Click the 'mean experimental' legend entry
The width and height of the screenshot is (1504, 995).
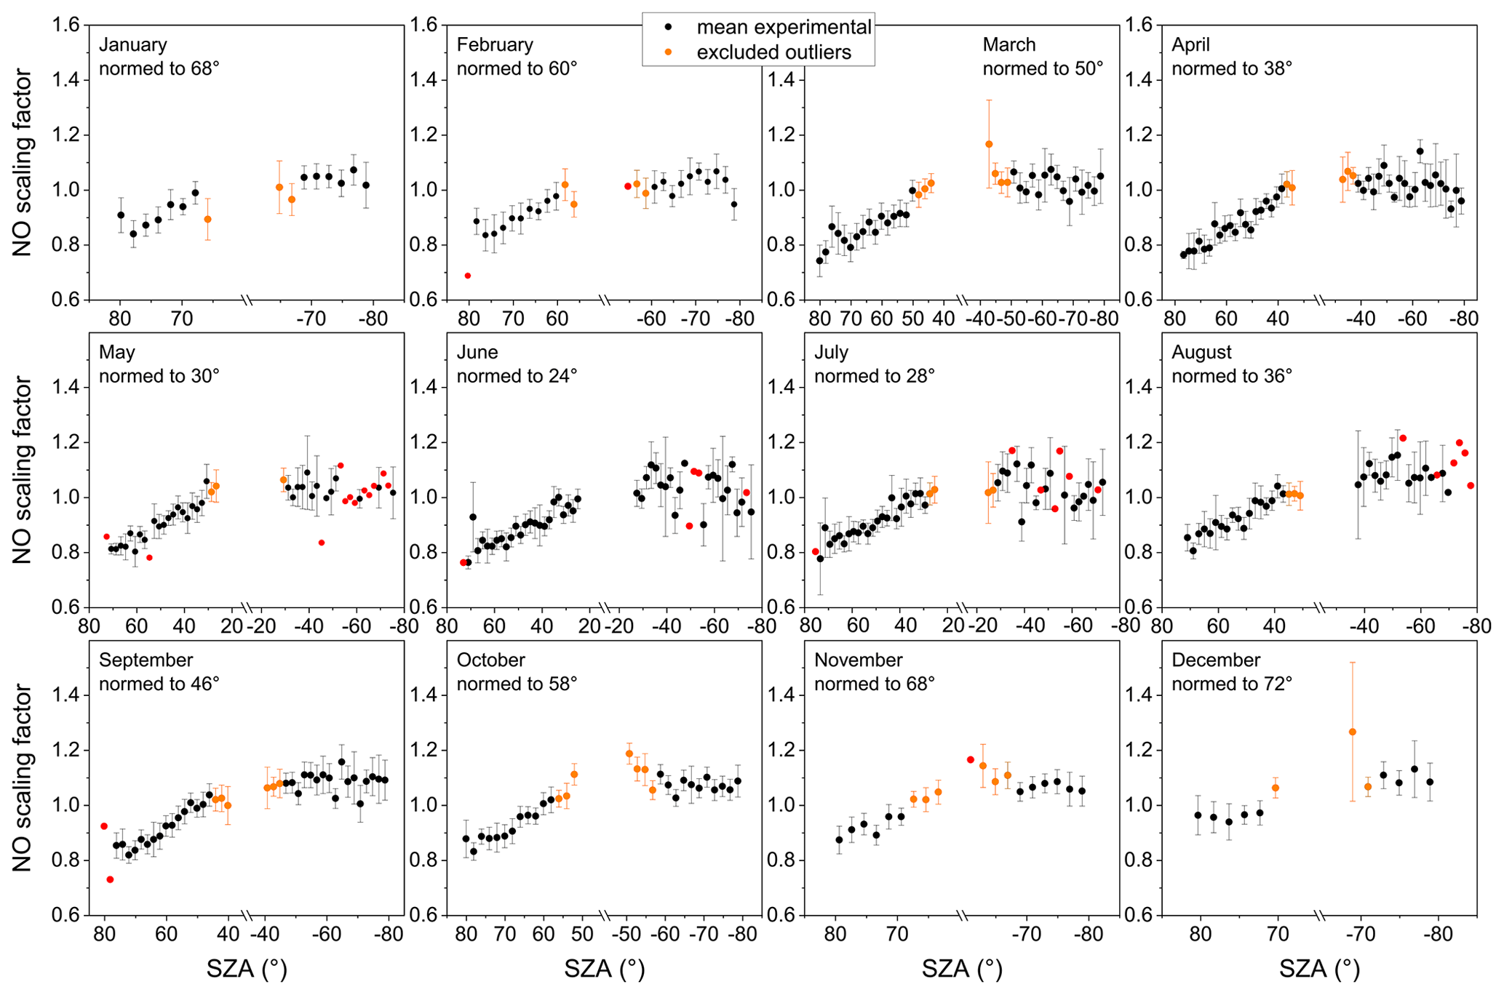783,27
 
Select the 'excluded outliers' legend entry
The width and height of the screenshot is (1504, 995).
773,52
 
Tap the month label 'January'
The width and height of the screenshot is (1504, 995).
133,44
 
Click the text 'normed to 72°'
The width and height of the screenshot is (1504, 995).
1232,684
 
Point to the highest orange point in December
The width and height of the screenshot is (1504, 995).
1352,732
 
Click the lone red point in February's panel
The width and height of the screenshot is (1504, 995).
468,276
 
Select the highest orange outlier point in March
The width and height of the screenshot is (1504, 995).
989,144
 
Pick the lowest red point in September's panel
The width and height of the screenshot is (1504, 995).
110,879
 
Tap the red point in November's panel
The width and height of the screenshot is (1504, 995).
970,759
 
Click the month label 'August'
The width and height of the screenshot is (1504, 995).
1201,352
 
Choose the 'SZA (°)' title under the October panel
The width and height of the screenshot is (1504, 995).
605,969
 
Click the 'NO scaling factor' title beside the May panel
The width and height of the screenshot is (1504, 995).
22,470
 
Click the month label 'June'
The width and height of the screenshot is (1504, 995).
477,352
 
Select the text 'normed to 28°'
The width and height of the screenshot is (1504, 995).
874,376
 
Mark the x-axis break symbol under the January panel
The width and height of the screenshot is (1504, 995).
247,300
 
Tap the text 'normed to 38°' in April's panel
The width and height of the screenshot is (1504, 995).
1232,68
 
